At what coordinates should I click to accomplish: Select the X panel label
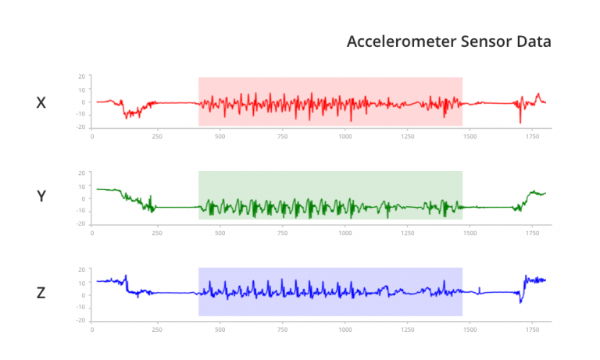click(x=41, y=102)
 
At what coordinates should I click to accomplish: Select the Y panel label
click(x=41, y=197)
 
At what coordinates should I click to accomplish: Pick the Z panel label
click(x=41, y=293)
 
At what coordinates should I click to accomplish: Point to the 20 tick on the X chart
click(x=81, y=77)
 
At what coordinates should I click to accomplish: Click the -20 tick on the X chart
click(x=80, y=127)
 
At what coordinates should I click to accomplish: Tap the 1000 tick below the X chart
click(x=345, y=136)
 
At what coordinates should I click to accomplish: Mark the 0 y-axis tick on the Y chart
click(x=84, y=198)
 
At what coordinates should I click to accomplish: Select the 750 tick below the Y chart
click(x=282, y=232)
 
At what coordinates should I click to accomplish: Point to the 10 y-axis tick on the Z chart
click(x=81, y=282)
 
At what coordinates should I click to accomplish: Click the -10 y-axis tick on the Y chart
click(x=80, y=211)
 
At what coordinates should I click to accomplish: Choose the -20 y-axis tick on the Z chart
click(x=80, y=320)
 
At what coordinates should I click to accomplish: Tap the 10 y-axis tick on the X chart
click(x=81, y=89)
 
